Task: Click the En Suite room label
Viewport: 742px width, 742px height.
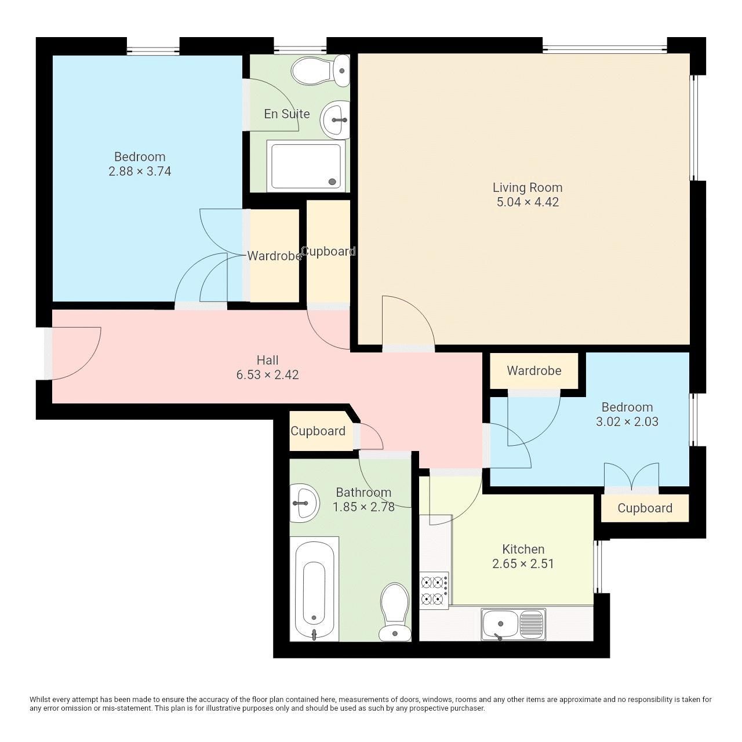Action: click(x=286, y=114)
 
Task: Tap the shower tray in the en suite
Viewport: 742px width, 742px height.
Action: click(x=306, y=166)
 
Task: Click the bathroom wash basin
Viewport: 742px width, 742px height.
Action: click(x=304, y=503)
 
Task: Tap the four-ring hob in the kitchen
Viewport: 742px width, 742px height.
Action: click(x=434, y=590)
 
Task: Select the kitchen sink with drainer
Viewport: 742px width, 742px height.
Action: click(x=513, y=624)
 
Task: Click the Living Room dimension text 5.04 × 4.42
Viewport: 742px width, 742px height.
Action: click(x=528, y=202)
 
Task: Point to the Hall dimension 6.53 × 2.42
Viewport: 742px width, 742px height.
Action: click(x=267, y=375)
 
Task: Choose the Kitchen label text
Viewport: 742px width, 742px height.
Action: click(x=523, y=549)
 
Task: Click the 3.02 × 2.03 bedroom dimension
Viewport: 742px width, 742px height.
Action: click(x=627, y=422)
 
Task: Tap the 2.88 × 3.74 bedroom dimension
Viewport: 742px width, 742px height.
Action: click(x=140, y=172)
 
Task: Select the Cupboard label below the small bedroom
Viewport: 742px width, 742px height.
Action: click(x=645, y=508)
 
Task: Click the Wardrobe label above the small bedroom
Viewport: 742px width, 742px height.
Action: click(x=534, y=371)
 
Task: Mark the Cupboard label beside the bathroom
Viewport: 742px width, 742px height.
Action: click(x=318, y=431)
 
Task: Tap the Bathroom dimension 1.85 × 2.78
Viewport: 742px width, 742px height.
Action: click(x=363, y=507)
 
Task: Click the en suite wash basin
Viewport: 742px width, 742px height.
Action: click(x=336, y=120)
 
